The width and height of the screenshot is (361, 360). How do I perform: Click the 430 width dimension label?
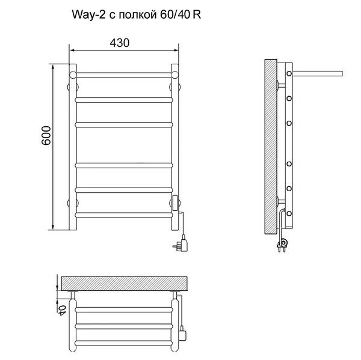click(120, 43)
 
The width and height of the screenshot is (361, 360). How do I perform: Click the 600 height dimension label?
click(46, 135)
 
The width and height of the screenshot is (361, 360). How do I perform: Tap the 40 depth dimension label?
click(62, 311)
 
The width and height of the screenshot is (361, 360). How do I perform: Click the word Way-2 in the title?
click(89, 14)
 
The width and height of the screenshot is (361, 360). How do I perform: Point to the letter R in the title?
click(197, 14)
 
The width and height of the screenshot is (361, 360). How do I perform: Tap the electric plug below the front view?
click(182, 244)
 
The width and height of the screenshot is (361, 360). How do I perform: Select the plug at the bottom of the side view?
click(283, 245)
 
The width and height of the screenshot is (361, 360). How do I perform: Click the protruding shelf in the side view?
click(318, 73)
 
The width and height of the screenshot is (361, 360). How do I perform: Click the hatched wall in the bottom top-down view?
click(125, 284)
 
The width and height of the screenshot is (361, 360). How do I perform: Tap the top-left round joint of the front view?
click(73, 75)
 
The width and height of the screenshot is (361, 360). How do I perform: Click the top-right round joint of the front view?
click(175, 75)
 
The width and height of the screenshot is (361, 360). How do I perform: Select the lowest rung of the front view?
click(124, 215)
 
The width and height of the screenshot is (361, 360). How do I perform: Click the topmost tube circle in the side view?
click(289, 73)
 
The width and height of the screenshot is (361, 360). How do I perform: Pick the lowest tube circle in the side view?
click(289, 213)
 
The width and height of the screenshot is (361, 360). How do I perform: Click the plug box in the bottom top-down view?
click(183, 333)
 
